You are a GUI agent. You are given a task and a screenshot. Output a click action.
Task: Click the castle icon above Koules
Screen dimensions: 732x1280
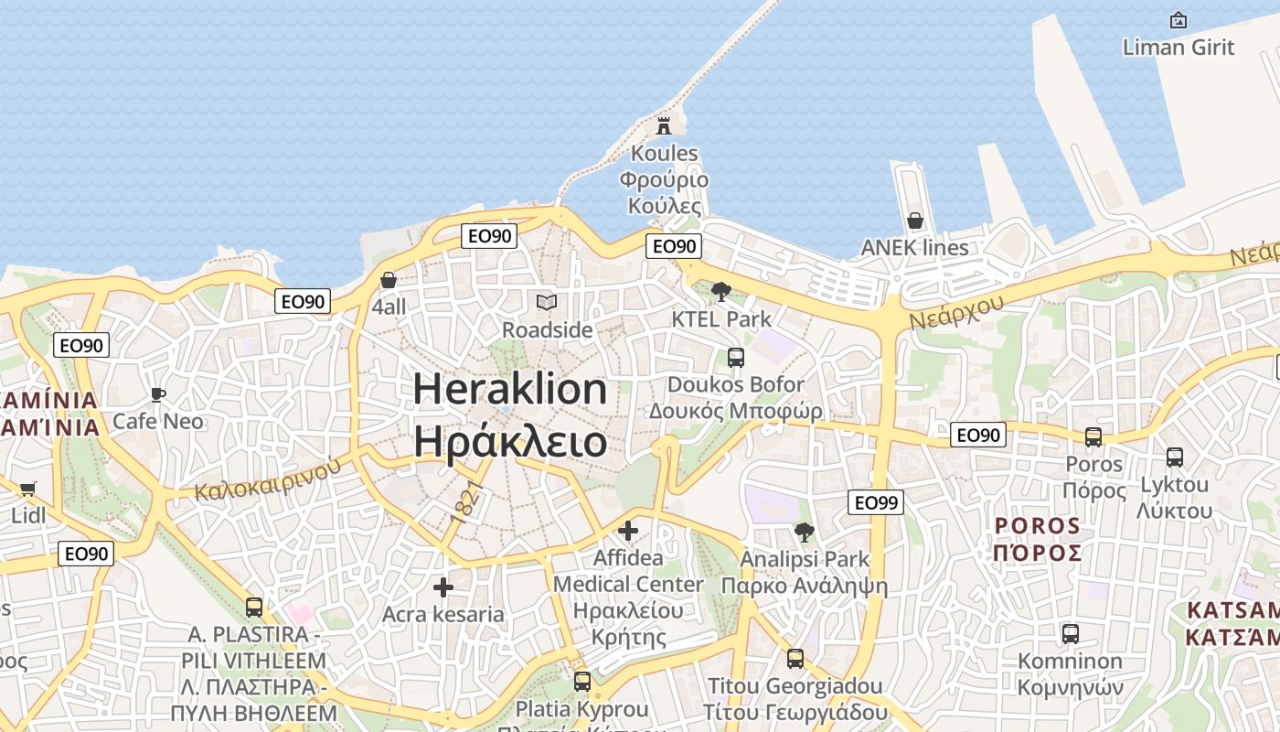tap(665, 125)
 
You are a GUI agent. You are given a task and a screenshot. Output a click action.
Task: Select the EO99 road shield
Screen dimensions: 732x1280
tap(876, 501)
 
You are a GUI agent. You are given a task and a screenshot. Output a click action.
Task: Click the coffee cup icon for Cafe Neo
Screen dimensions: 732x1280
tap(158, 394)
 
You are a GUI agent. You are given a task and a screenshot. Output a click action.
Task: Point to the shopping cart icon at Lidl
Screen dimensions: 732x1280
tap(27, 489)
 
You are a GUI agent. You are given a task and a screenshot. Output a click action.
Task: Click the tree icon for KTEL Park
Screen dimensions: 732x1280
tap(721, 292)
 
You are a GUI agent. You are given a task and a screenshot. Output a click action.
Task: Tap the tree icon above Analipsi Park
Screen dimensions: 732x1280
tap(805, 532)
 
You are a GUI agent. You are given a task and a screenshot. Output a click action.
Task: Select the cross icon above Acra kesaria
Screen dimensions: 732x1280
tap(443, 587)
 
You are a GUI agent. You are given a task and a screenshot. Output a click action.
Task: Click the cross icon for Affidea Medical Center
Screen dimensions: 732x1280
tap(628, 530)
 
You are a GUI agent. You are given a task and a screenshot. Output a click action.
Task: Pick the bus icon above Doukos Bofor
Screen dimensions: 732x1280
tap(736, 357)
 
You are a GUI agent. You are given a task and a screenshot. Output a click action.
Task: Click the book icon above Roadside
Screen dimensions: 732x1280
tap(547, 302)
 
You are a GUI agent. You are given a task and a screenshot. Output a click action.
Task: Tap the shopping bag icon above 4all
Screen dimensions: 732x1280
tap(389, 280)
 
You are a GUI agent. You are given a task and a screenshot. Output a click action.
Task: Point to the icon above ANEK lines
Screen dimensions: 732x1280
tap(914, 221)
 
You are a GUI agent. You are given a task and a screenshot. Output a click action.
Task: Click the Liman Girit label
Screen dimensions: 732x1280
tap(1179, 47)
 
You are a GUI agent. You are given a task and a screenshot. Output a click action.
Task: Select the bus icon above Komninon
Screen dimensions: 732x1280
tap(1070, 633)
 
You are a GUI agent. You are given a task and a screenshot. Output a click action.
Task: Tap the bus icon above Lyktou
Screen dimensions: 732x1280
tap(1175, 457)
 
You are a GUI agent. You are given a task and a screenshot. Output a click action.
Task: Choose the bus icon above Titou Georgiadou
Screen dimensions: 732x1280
tap(795, 658)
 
